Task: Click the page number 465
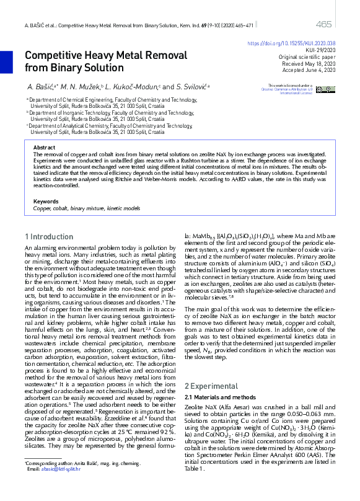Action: pos(323,24)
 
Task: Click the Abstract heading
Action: pos(44,148)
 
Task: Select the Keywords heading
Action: pos(46,202)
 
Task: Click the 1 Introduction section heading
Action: pos(49,237)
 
